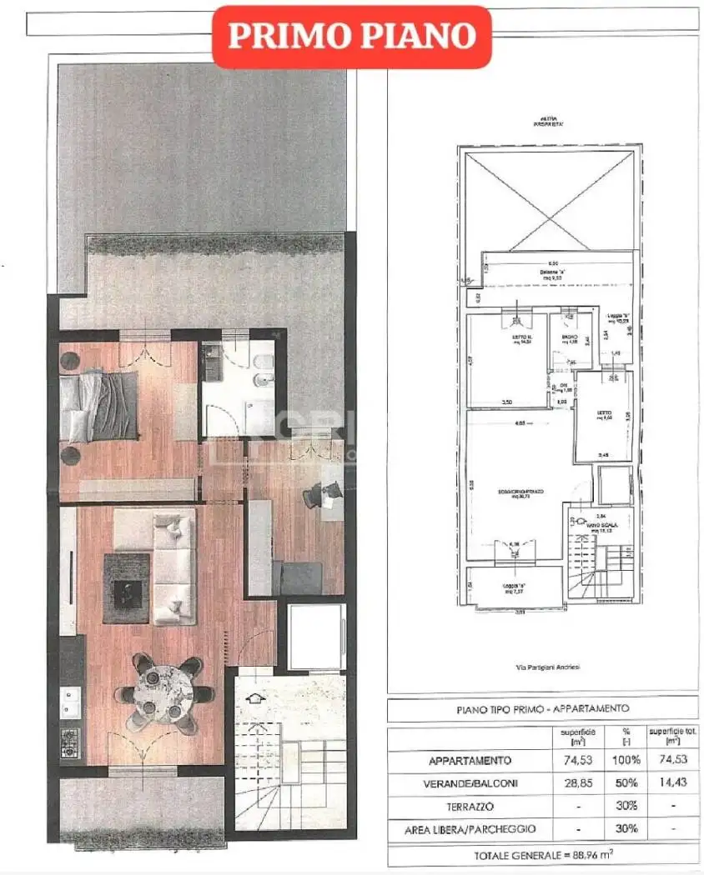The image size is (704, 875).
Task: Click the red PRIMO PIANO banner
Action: (351, 37)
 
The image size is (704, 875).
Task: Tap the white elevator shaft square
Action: (316, 635)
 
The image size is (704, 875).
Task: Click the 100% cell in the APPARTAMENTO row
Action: (627, 760)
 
